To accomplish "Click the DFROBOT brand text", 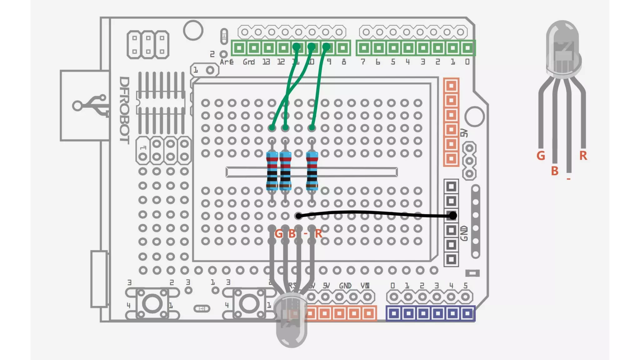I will [124, 110].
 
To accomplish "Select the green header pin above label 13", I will [269, 48].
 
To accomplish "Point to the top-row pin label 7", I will [363, 62].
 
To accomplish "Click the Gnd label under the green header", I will [249, 62].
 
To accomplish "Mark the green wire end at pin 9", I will [326, 47].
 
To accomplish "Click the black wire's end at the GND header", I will [452, 215].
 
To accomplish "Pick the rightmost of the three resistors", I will [312, 171].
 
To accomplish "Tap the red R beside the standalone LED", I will [583, 156].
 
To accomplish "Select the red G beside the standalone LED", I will [541, 156].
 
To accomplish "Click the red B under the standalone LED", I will [554, 171].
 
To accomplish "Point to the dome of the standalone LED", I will [562, 47].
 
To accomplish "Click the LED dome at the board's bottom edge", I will [291, 322].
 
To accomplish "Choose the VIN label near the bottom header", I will [365, 286].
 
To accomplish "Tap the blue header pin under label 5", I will [467, 313].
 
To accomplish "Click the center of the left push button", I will [152, 304].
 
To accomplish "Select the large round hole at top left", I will [193, 30].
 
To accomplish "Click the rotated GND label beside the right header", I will [464, 233].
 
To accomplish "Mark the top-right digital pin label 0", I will [467, 62].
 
